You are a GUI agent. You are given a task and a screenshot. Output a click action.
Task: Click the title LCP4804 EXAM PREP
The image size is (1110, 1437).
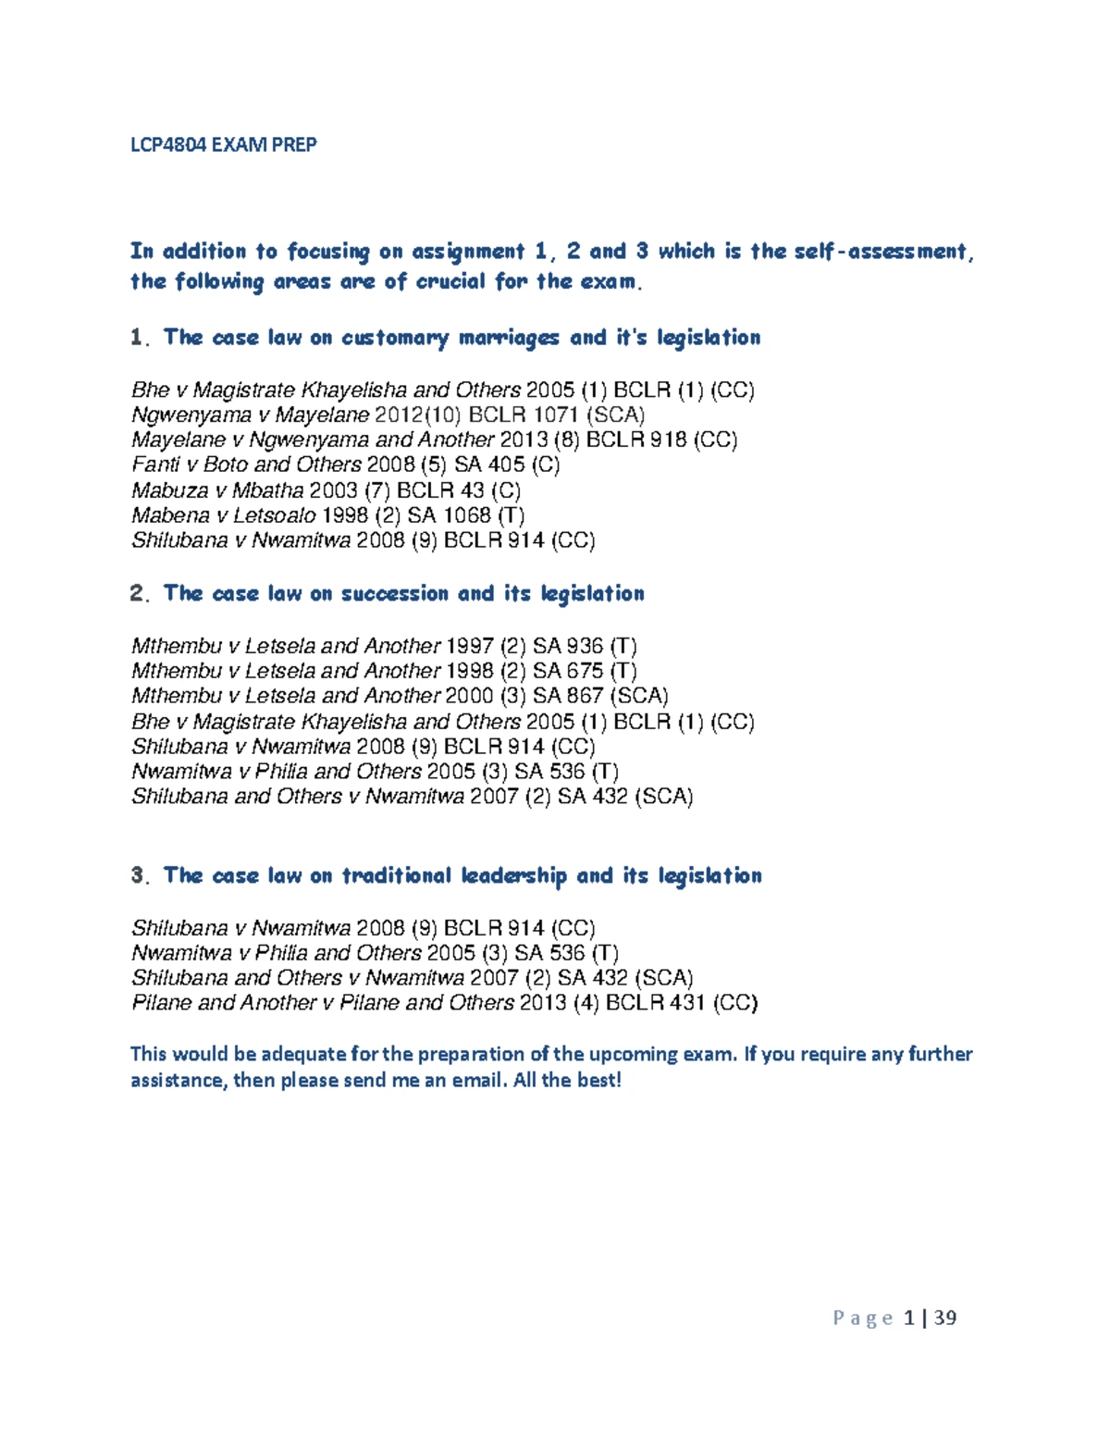point(223,144)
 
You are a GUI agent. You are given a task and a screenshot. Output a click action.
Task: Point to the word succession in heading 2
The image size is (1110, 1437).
point(393,594)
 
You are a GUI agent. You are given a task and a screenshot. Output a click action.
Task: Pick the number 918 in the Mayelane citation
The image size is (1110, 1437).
point(669,440)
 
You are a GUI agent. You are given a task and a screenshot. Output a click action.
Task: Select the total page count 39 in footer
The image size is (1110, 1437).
point(945,1318)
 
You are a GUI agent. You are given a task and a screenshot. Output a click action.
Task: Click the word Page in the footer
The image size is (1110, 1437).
point(863,1318)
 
